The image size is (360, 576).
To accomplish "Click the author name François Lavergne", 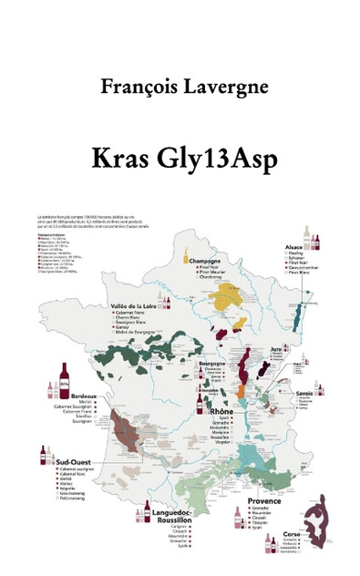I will (x=180, y=87).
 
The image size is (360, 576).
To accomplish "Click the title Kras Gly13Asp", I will (x=180, y=155).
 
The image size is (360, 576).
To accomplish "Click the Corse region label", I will (x=292, y=534).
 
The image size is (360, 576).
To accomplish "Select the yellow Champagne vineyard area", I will (x=228, y=300).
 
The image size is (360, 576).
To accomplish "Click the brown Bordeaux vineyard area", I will (x=126, y=428).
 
